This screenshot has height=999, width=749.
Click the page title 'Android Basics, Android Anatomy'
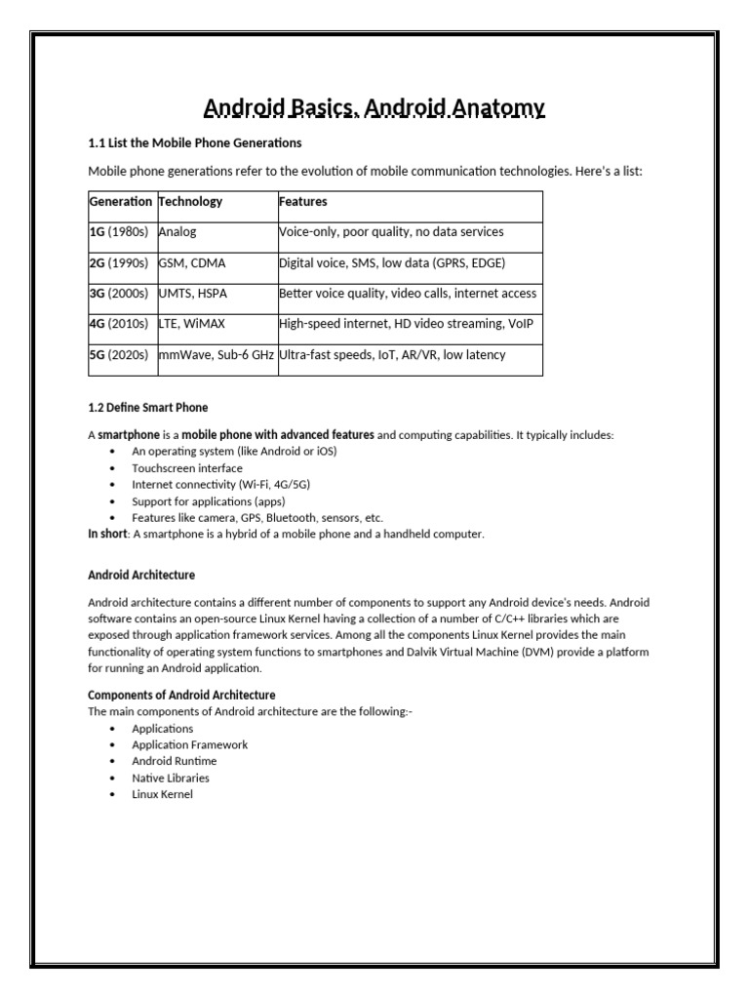tap(374, 107)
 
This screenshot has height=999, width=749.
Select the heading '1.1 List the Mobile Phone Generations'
tap(195, 143)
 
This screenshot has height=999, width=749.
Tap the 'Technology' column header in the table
tap(190, 202)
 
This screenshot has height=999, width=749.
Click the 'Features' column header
tap(303, 202)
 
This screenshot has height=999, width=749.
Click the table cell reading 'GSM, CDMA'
tap(191, 263)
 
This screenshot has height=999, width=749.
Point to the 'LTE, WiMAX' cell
tap(192, 324)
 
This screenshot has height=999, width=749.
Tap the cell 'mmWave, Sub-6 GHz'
tap(217, 355)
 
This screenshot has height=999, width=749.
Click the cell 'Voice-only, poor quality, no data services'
tap(391, 232)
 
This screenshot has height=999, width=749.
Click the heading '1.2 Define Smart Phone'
tap(148, 407)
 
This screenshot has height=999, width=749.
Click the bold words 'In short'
tap(108, 534)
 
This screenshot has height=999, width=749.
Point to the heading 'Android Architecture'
tap(141, 575)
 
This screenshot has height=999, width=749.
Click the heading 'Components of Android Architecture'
tap(181, 696)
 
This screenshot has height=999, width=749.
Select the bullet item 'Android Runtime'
tap(175, 761)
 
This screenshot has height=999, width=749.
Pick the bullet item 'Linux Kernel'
tap(163, 794)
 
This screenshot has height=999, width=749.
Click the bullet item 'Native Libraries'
tap(171, 778)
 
